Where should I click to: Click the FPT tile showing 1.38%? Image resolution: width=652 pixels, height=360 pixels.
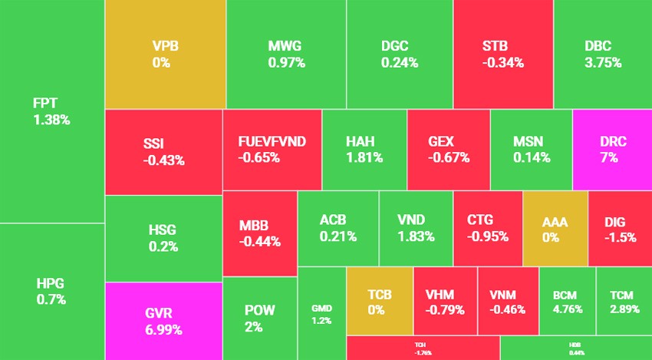51,111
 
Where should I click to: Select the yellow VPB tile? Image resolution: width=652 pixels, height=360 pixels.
165,54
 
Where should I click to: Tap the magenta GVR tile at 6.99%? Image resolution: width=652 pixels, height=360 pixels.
163,321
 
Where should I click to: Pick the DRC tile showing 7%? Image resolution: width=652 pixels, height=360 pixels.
613,150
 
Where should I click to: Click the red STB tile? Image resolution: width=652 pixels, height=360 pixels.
502,54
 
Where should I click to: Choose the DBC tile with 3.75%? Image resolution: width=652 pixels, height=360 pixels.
602,54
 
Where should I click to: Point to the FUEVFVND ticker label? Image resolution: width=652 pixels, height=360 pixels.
272,142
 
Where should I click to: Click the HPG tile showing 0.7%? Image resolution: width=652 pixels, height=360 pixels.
51,292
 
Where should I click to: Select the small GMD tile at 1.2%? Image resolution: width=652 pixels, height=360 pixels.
321,313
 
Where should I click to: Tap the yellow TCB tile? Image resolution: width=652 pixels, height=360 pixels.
379,302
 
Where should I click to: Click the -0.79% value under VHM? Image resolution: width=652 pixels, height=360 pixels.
445,310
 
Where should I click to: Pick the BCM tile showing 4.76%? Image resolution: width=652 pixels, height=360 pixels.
567,302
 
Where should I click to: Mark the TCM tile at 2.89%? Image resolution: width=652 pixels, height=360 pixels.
623,302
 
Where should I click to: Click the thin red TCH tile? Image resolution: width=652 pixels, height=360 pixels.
423,348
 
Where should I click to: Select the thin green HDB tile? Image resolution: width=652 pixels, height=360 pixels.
575,348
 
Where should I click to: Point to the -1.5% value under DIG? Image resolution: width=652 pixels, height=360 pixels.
620,237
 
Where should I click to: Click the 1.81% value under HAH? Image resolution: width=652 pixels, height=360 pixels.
364,158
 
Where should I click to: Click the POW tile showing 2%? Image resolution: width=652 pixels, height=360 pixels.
259,319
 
